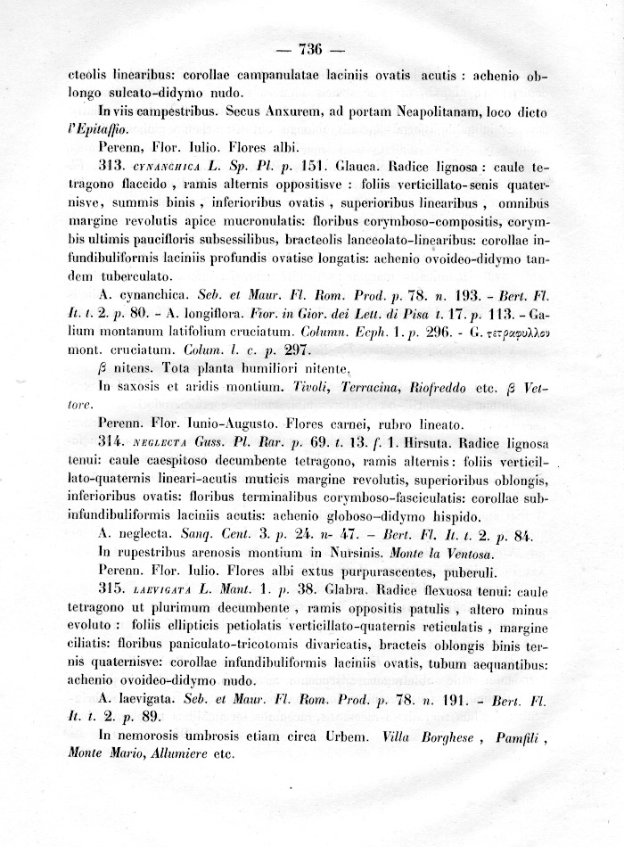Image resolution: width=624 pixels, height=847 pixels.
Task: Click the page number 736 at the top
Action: coord(311,48)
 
